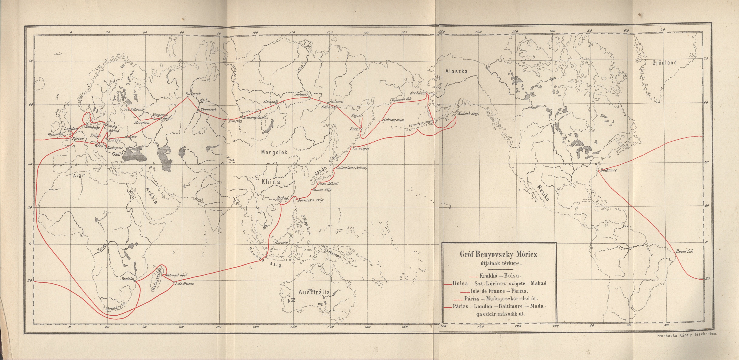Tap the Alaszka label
(x=456, y=72)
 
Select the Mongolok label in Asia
(x=274, y=153)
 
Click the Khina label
(x=271, y=182)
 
